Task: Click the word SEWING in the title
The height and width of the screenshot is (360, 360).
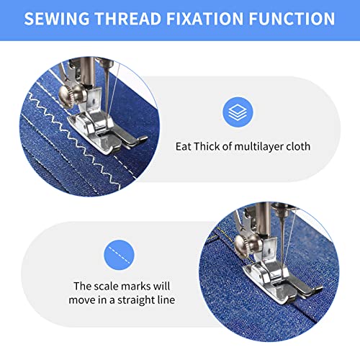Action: click(x=57, y=19)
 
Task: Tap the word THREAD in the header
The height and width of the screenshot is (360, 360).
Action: click(x=128, y=19)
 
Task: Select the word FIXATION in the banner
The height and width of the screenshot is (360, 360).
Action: click(x=205, y=19)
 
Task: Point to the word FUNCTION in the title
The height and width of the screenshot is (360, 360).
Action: click(x=292, y=19)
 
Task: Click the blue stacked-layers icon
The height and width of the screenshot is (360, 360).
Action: click(x=238, y=112)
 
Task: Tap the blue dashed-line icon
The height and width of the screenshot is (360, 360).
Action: click(x=119, y=255)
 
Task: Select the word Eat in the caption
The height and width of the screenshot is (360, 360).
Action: click(x=184, y=146)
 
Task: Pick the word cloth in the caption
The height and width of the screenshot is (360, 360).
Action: click(x=298, y=146)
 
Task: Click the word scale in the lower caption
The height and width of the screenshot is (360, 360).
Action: click(x=107, y=286)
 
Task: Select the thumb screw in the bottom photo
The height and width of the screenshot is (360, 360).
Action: click(x=243, y=246)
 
